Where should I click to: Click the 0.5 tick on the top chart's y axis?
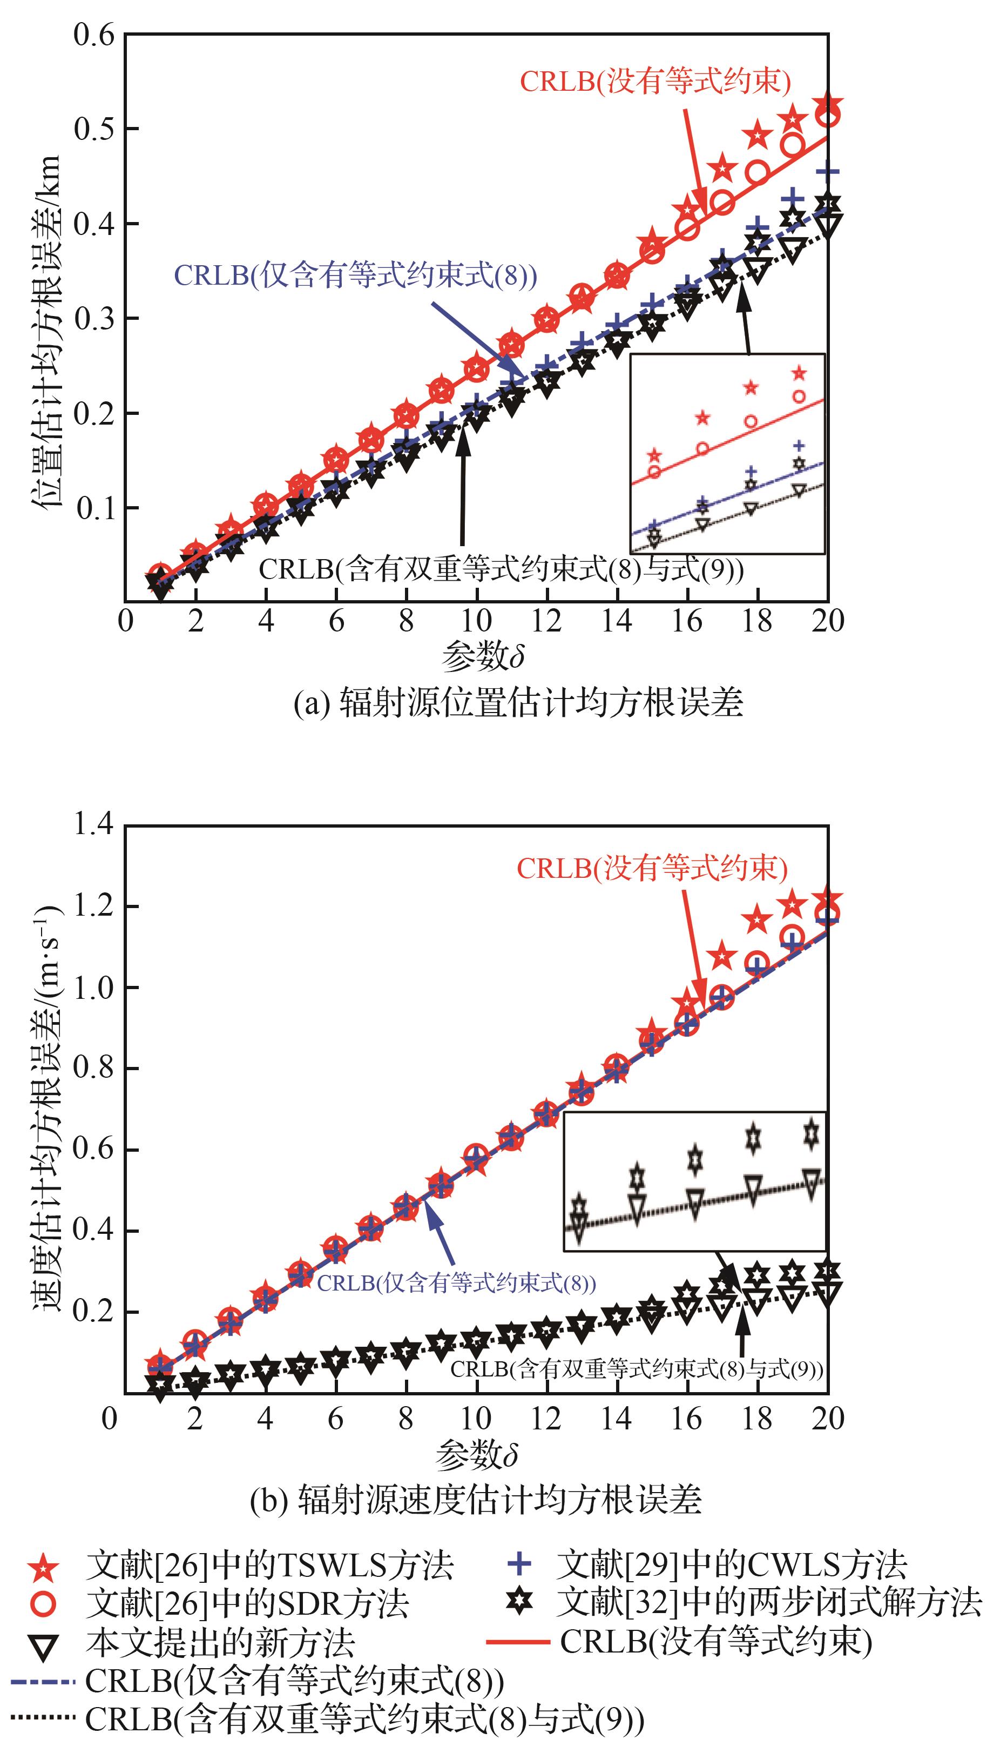coord(93,129)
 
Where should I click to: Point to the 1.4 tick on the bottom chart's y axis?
coord(93,825)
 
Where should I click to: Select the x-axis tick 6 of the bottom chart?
coord(335,1420)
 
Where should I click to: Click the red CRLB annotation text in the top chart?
coord(655,82)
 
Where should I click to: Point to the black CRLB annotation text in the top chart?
coord(501,569)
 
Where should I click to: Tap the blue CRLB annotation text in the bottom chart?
coord(456,1283)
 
